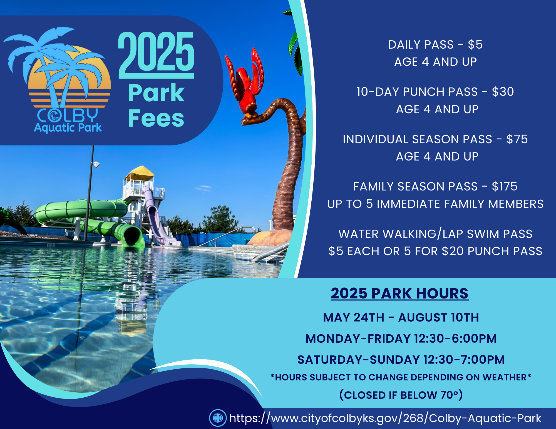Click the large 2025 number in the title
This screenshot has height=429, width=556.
point(156,52)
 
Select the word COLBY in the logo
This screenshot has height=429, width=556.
point(68,115)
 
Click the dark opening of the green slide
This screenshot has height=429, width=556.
point(133,236)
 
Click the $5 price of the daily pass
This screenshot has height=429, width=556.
point(475,45)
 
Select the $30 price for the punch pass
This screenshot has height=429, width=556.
point(503,92)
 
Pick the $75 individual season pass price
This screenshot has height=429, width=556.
point(517,139)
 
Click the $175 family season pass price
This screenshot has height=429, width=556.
point(505,187)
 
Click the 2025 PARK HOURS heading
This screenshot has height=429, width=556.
point(399,293)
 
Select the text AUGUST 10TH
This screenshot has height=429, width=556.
point(438,318)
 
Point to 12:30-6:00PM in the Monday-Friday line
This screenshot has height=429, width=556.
point(455,339)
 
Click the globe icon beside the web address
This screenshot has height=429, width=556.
point(218,418)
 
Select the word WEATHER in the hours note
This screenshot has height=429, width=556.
point(505,377)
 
